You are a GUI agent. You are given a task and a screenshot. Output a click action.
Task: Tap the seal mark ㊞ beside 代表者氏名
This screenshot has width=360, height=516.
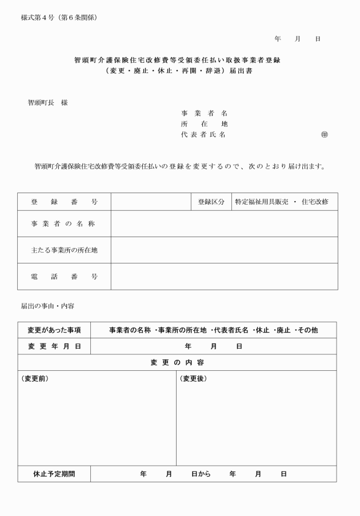pos(324,135)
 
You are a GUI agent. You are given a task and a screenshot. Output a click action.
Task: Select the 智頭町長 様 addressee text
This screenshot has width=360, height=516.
pos(47,103)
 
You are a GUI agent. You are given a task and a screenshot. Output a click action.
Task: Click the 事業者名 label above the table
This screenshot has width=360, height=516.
pos(204,113)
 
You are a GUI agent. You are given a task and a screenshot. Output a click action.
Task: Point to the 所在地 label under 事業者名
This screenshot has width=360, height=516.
pos(204,124)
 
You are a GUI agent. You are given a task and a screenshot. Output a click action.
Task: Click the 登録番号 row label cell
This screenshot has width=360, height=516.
pos(64,202)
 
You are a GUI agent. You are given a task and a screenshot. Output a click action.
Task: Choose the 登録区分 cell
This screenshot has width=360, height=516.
pos(211,202)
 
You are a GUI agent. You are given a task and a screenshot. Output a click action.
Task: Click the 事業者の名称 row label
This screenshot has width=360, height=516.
pos(64,223)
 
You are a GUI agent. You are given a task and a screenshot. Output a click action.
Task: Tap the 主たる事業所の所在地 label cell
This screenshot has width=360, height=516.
pos(64,250)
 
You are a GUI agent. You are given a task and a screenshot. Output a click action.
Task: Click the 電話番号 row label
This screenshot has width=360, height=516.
pos(64,277)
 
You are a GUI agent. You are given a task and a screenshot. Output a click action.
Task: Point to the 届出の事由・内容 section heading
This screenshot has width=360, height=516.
pos(47,306)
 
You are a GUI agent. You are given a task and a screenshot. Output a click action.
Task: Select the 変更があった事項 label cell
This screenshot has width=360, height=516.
pos(54,330)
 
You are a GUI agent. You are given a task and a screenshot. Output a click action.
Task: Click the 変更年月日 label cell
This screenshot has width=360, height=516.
pos(54,346)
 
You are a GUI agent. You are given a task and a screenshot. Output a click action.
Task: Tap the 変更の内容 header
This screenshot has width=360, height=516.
pos(177,362)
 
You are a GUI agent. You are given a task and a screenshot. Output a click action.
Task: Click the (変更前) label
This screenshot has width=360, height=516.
pos(35,378)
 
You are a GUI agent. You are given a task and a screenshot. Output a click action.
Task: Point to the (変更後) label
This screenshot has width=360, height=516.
pos(193,378)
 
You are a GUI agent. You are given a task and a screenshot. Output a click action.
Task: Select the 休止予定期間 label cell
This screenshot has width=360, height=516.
pos(54,474)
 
